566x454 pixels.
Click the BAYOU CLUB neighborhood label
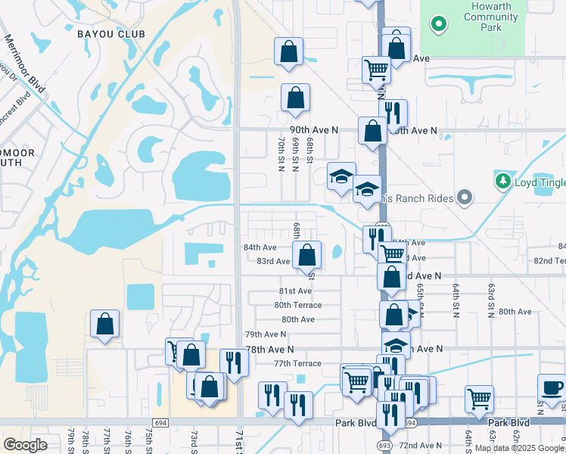(x=110, y=34)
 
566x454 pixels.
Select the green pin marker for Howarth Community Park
(x=437, y=24)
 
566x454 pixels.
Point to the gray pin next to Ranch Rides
(x=465, y=198)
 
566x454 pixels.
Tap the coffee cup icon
(x=552, y=388)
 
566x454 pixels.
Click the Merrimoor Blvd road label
(x=25, y=65)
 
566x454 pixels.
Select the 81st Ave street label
(x=295, y=291)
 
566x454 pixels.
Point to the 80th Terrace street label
(x=297, y=305)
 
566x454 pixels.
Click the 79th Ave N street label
(x=266, y=334)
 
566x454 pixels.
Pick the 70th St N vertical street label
(x=281, y=154)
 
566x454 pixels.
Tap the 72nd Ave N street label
(x=421, y=445)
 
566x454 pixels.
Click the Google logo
(x=25, y=445)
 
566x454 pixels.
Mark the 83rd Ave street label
(x=273, y=261)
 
